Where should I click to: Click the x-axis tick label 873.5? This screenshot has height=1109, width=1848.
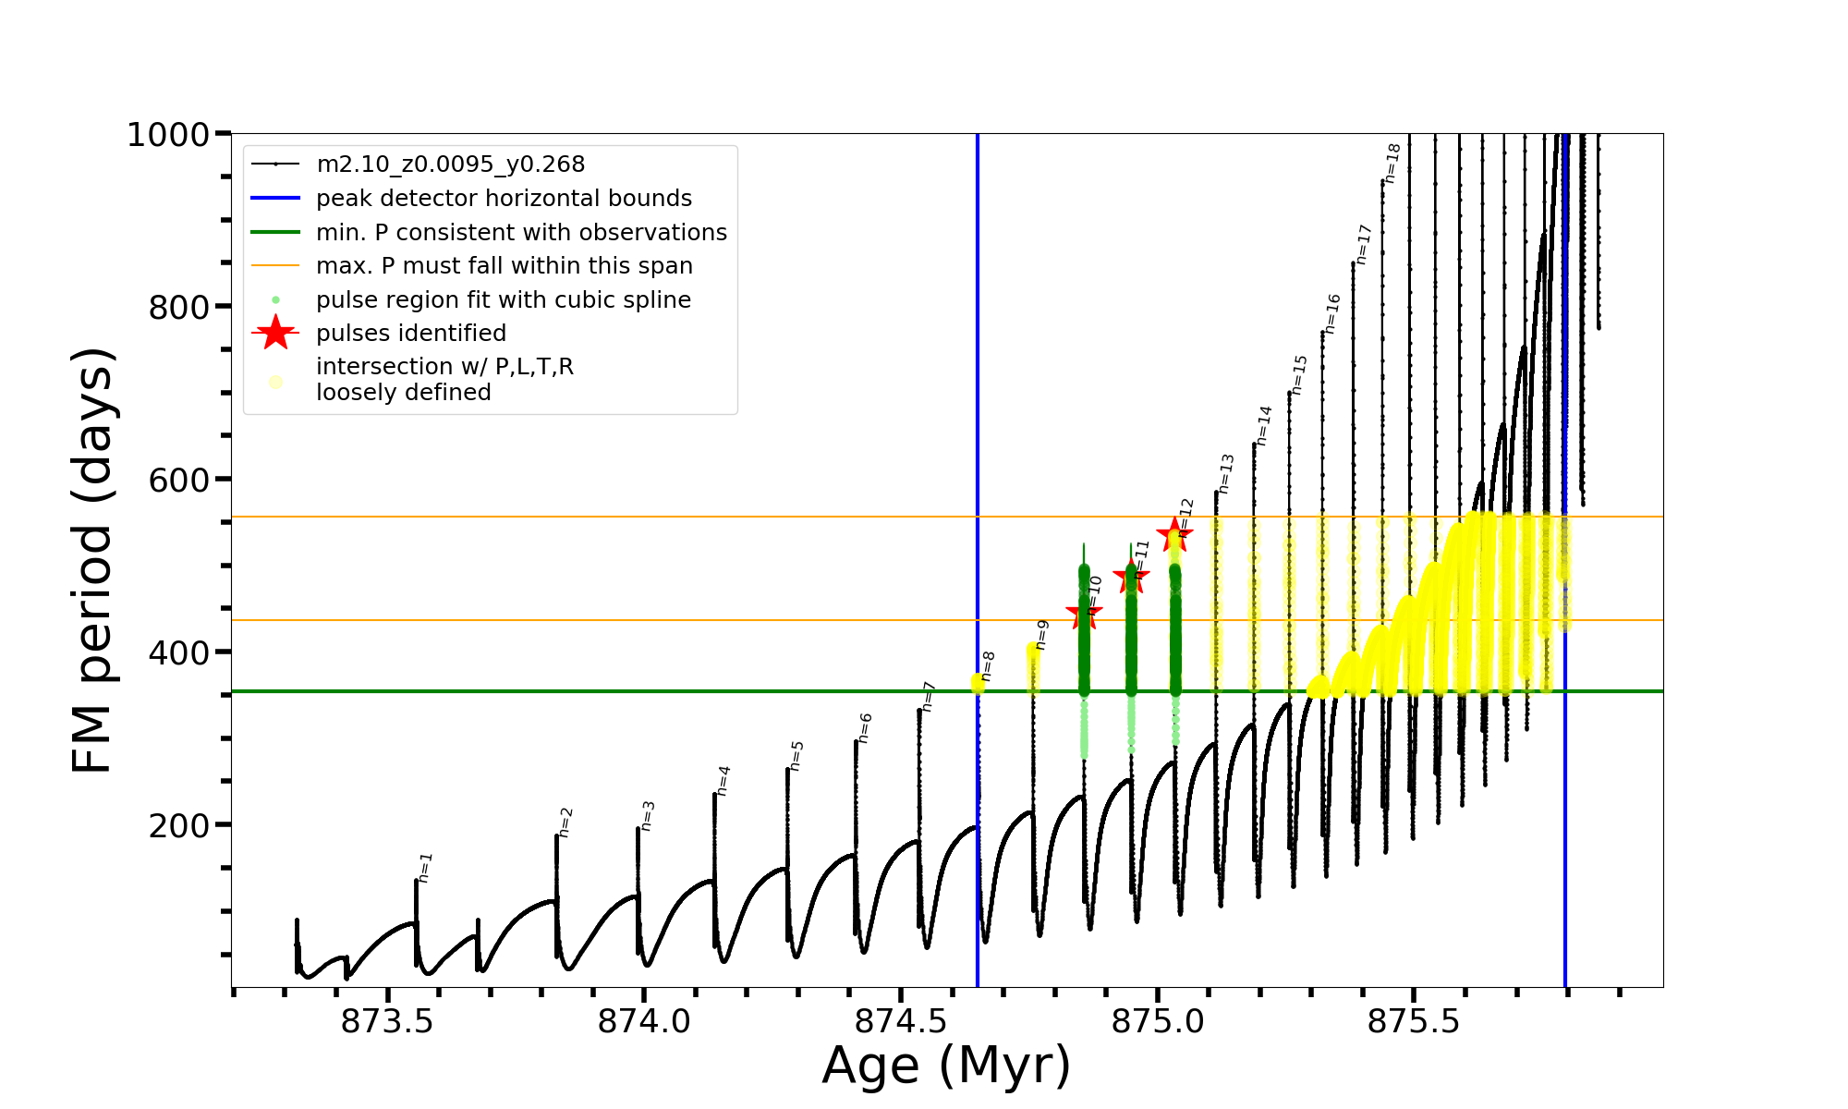point(387,1021)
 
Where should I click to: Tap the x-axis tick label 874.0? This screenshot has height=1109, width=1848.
point(644,1021)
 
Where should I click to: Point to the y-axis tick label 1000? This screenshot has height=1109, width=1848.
point(168,135)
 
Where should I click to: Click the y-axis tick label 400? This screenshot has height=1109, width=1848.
point(179,652)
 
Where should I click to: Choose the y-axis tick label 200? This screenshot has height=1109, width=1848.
point(179,825)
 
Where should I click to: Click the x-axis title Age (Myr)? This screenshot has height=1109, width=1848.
point(946,1066)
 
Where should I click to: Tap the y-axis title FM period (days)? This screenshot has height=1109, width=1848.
point(92,560)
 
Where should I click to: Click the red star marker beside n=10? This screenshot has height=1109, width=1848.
point(1083,615)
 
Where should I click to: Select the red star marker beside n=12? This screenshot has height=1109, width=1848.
point(1174,534)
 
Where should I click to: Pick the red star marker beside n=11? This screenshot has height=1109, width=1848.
point(1131,579)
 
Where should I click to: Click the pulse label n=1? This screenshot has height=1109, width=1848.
point(425,867)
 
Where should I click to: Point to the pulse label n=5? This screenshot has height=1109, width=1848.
point(796,755)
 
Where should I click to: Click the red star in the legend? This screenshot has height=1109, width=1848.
point(275,333)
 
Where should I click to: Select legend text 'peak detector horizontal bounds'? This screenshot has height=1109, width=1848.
point(504,199)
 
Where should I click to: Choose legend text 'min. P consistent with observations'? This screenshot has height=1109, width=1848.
point(521,232)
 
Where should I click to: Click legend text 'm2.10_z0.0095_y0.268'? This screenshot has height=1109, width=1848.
point(450,165)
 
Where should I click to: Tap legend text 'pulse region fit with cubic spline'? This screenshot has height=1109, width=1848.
point(503,300)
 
